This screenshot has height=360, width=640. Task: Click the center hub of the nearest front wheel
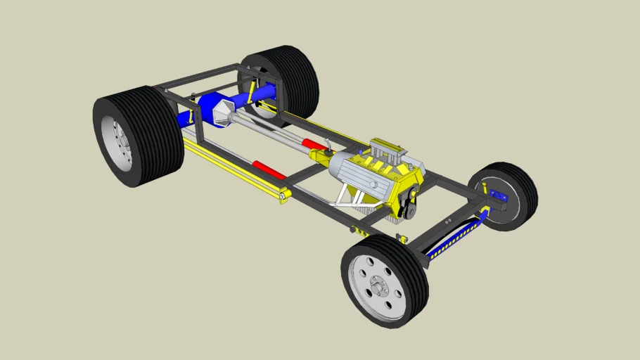click(x=379, y=288)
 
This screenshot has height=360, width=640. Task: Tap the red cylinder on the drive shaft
click(x=314, y=145)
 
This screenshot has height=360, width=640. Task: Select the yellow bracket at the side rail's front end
click(x=284, y=197)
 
